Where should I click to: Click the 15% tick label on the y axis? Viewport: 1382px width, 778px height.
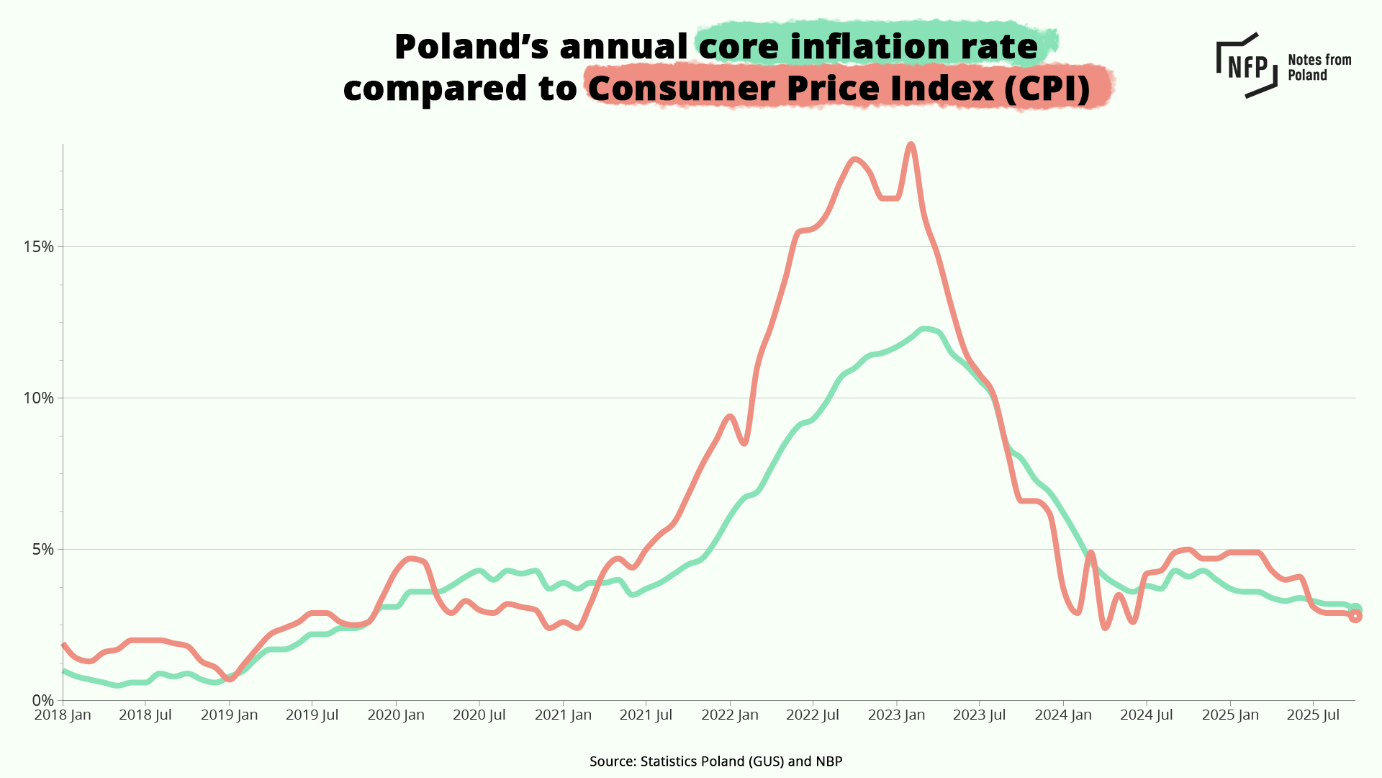tap(39, 247)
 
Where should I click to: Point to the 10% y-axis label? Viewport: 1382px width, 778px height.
tap(39, 398)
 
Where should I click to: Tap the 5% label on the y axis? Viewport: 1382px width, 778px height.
tap(42, 550)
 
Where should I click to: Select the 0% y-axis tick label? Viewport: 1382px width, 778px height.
tap(42, 701)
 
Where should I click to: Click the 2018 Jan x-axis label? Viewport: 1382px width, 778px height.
tap(63, 715)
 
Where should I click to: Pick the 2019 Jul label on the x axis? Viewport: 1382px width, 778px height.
tap(312, 715)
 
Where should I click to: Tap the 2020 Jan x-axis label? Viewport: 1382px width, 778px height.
tap(396, 715)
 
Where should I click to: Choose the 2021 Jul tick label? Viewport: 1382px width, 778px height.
tap(646, 715)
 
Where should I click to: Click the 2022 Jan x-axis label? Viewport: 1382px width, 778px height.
tap(730, 715)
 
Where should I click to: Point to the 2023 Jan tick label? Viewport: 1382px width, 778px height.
tap(896, 715)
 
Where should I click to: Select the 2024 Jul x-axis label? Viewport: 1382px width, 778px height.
tap(1146, 715)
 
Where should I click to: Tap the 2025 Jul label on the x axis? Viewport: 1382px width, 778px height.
tap(1313, 715)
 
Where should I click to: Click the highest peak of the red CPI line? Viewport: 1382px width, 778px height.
tap(911, 145)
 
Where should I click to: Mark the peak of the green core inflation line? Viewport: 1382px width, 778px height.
tap(925, 329)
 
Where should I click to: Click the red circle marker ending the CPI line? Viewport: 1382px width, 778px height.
tap(1355, 616)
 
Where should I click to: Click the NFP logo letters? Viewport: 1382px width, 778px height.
tap(1247, 67)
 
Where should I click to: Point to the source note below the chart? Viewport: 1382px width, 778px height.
tap(715, 761)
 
